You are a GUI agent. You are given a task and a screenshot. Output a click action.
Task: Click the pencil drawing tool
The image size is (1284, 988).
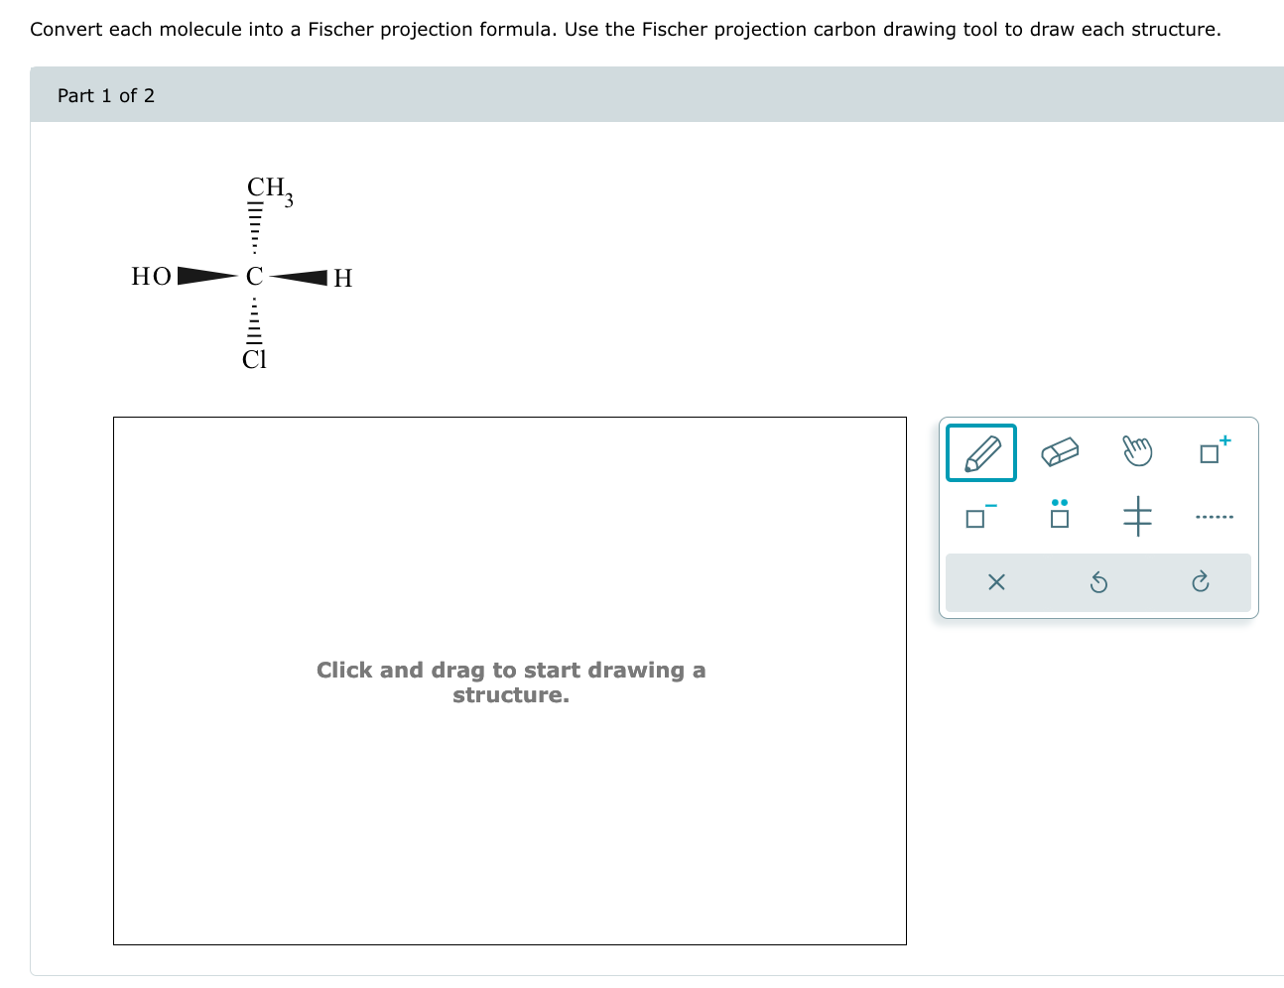pos(981,453)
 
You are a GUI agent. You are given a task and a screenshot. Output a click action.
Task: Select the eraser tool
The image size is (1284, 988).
pos(1060,452)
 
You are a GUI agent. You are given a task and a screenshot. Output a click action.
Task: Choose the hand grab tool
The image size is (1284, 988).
pos(1137,451)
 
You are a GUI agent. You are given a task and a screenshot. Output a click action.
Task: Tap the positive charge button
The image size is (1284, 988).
pos(1214,450)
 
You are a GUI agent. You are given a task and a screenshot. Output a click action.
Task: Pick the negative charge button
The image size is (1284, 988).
pos(979,516)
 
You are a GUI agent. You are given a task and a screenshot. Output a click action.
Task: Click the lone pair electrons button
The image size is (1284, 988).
pos(1060,514)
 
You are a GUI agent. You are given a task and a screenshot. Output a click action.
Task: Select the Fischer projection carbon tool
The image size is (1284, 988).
pos(1137,516)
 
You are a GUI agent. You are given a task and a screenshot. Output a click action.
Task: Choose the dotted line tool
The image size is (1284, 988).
pos(1214,517)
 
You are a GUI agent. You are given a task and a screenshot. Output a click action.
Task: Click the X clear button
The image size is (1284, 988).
pos(997,582)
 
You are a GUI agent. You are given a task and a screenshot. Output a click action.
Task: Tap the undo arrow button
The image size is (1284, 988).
pos(1098,582)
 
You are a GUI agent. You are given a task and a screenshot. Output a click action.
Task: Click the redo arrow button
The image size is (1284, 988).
pos(1200,582)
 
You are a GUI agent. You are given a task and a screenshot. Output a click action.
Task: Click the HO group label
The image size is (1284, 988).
pos(152,276)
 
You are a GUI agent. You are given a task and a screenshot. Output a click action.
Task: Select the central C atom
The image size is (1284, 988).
pos(255,276)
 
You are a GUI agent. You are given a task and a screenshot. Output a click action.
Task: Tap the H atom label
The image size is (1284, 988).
pos(342,278)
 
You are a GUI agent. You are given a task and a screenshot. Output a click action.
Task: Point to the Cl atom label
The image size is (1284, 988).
pos(255,359)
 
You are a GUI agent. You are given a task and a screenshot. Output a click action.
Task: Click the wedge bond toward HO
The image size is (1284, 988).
pos(206,275)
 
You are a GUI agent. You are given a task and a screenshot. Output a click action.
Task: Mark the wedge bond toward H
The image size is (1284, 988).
pos(299,277)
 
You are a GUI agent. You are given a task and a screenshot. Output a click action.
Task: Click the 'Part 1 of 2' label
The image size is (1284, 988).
pos(106,95)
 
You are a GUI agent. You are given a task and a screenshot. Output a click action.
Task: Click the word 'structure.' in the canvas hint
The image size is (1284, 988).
pos(511,695)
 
